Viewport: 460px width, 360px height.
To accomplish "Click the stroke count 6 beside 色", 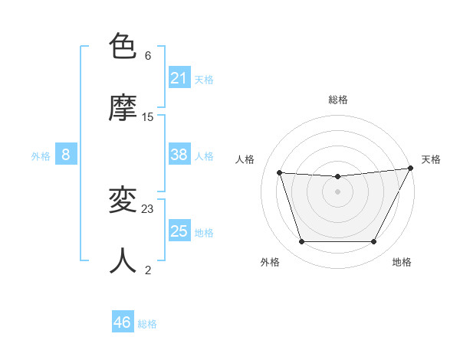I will point(148,56).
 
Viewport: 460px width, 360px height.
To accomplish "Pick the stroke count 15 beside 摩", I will point(148,117).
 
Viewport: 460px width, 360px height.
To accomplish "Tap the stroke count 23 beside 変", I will point(148,208).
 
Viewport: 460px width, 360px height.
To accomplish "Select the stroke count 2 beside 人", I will point(148,270).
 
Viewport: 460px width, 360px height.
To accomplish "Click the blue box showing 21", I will point(179,78).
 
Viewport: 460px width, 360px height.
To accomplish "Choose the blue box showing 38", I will point(179,155).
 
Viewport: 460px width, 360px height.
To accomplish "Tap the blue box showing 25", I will point(179,231).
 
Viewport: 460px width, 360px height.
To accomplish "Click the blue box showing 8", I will point(66,155).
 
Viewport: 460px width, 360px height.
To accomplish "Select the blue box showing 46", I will point(123,322).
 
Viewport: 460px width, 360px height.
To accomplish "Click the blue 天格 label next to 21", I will point(204,80).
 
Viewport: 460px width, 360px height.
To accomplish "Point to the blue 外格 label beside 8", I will point(41,156).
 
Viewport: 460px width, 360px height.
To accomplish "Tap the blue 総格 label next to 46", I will point(147,324).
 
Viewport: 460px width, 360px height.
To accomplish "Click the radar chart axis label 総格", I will point(338,100).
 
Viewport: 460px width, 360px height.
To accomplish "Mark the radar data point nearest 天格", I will point(412,169).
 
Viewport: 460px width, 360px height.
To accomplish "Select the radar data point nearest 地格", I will point(374,242).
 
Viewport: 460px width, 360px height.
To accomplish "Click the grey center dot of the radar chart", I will point(337,191).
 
